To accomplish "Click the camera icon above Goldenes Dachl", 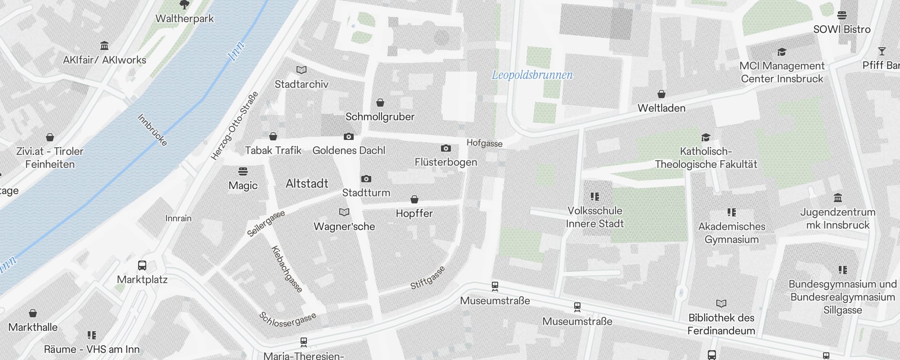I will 348,136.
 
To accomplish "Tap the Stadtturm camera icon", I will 366,179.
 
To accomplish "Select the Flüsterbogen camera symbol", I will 445,148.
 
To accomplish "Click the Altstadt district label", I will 307,184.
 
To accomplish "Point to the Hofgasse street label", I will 484,143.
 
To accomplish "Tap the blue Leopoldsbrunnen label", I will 532,75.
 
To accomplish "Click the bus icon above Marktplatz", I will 142,265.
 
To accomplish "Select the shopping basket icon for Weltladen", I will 661,94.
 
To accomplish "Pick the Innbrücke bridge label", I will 152,130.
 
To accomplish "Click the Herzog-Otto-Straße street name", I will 234,126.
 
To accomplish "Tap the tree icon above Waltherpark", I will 184,5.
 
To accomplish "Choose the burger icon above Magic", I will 243,171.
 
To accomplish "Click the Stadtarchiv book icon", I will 301,70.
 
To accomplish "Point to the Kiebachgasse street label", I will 287,269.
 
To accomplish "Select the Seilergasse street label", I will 266,224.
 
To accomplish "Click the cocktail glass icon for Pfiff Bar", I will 882,51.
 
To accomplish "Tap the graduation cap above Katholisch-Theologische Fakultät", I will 706,137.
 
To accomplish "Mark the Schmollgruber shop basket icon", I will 380,103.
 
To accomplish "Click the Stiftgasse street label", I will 427,278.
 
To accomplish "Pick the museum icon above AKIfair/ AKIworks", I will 104,45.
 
